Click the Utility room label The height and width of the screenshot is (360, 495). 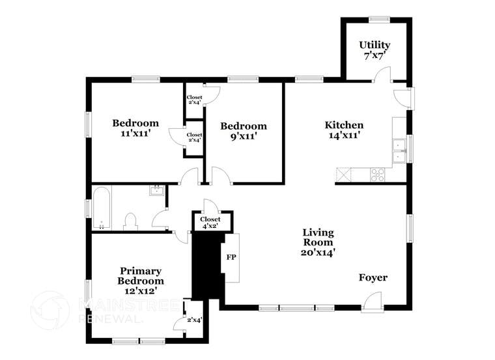coord(375,50)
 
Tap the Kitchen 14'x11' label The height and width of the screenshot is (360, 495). coord(344,130)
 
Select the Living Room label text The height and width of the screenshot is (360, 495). coord(318,242)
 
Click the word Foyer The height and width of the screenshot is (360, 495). coord(373,278)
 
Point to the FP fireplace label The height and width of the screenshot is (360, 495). coord(231,257)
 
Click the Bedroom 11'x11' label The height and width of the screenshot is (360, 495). coord(135,128)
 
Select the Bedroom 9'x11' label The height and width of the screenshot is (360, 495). coord(243,132)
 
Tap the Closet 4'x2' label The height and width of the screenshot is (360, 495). coord(210,223)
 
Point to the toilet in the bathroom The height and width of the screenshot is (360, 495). coord(130,221)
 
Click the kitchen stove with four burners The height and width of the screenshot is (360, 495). coord(378,174)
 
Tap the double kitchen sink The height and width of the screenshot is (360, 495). coord(398,150)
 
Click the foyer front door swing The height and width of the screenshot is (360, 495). coord(372,301)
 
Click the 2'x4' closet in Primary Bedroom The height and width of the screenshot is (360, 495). coord(194,319)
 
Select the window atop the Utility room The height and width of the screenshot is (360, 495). coord(379,19)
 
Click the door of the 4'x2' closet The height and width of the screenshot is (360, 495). coord(210,206)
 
